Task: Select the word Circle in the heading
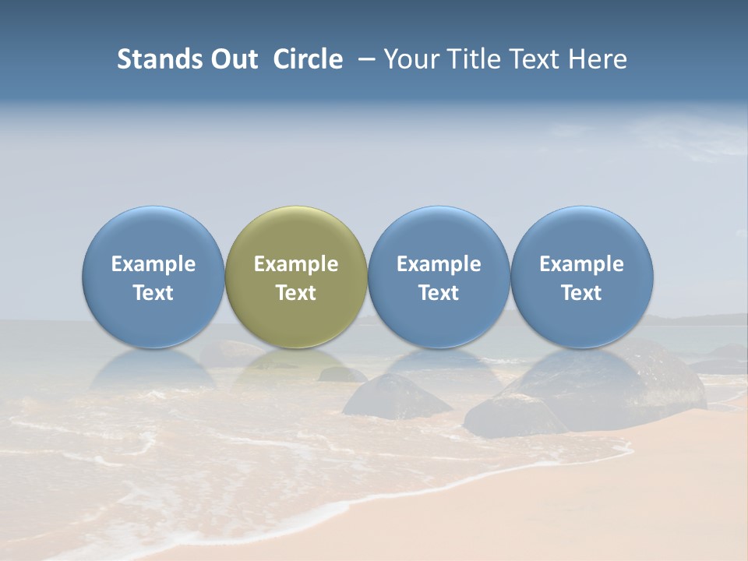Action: (x=308, y=59)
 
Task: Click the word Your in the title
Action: (x=411, y=59)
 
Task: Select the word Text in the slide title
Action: (x=535, y=59)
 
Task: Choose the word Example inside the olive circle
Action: (x=296, y=264)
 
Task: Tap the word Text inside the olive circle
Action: (x=296, y=293)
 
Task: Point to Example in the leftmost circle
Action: (x=153, y=264)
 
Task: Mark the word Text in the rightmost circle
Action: (x=582, y=293)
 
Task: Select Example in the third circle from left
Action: (x=439, y=264)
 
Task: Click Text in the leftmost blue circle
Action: (x=153, y=293)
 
